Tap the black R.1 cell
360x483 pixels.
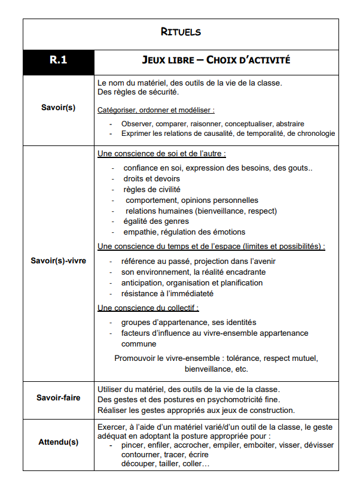point(58,60)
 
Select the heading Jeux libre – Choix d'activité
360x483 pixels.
point(216,60)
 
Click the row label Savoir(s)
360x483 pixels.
point(58,108)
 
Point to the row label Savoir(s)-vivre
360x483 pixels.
point(58,261)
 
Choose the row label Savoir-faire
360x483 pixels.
point(58,397)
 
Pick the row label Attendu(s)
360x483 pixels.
point(58,442)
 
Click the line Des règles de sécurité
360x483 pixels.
point(138,92)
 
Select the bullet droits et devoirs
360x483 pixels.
point(151,178)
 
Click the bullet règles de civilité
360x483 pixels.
point(151,189)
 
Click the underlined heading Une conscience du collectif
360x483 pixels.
point(148,308)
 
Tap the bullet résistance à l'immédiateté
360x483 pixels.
point(167,293)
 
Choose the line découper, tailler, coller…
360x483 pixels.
point(165,464)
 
